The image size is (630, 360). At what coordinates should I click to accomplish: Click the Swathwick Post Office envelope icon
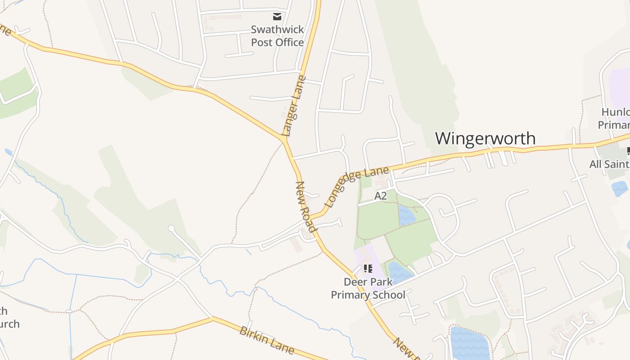(277, 17)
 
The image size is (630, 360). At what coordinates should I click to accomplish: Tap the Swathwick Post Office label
(277, 36)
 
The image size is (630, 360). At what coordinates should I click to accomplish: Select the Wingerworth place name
(485, 138)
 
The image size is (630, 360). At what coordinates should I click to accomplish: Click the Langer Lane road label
(293, 106)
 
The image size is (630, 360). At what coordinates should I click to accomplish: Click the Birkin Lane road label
(266, 340)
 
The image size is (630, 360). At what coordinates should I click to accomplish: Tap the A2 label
(381, 196)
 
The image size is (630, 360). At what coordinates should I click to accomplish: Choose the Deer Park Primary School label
(368, 288)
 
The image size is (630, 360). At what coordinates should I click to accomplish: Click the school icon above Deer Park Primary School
(368, 269)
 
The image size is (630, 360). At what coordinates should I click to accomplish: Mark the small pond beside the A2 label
(406, 216)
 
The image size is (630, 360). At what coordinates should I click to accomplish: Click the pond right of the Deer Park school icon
(398, 271)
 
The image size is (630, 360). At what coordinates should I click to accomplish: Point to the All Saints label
(609, 164)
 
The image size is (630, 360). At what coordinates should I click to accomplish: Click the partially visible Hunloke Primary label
(615, 118)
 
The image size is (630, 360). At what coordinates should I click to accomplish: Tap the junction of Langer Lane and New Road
(285, 141)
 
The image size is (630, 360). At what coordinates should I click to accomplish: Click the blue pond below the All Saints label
(619, 188)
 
